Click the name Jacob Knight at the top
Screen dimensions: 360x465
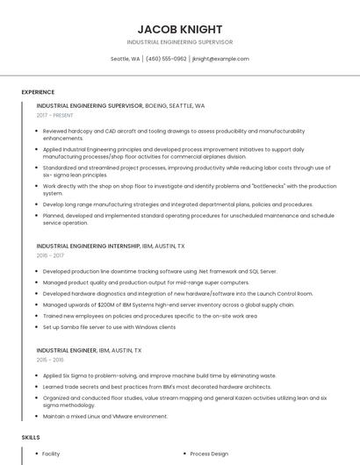[x=180, y=29]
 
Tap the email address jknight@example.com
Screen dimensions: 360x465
[x=220, y=59]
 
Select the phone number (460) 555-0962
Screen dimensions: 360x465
[x=166, y=59]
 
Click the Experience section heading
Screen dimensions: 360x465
[x=38, y=91]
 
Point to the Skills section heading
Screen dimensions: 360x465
[x=31, y=437]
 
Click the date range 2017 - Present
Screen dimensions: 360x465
[x=55, y=115]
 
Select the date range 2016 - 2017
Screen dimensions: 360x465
[x=50, y=255]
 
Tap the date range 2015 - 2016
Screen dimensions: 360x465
[x=50, y=359]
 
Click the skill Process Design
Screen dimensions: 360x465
[x=209, y=454]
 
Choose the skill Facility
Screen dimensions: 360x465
[x=51, y=454]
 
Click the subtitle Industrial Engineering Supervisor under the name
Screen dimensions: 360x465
[x=180, y=41]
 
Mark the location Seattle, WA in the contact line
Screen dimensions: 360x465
[x=125, y=59]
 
